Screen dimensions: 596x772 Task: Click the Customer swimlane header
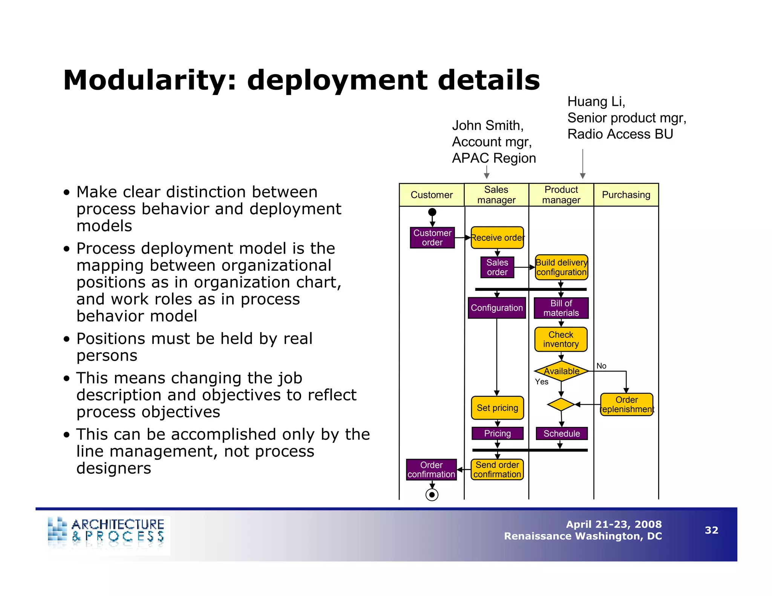click(x=432, y=195)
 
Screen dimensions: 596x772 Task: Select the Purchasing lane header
click(x=626, y=195)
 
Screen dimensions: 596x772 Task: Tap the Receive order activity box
click(x=497, y=238)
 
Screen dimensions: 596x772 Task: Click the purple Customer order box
click(x=432, y=238)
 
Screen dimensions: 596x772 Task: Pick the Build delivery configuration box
click(x=561, y=267)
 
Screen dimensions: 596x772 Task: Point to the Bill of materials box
click(x=561, y=308)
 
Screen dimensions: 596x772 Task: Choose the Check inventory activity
click(x=561, y=339)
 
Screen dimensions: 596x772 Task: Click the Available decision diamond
click(x=561, y=371)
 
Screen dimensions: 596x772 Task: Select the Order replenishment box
click(x=626, y=405)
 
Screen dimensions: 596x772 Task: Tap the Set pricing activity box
click(x=497, y=408)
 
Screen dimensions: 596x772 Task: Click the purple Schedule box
click(x=561, y=434)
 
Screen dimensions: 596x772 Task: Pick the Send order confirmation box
click(x=497, y=469)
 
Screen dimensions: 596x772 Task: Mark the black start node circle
click(x=432, y=212)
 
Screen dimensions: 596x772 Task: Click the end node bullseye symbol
click(x=432, y=495)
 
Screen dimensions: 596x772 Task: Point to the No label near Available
click(x=601, y=366)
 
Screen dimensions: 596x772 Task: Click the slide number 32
click(x=711, y=530)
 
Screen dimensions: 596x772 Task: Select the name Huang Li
click(x=596, y=102)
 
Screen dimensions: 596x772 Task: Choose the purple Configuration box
click(x=497, y=308)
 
